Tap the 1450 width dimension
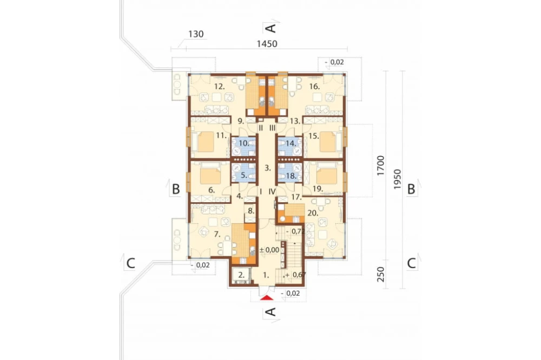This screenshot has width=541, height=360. coord(267,44)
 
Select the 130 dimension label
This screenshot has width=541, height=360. coord(196,34)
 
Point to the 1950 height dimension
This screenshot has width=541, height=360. coord(397,179)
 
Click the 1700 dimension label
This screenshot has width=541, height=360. coord(380,166)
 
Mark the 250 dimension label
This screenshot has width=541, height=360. coord(380,275)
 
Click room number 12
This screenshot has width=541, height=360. coord(220,86)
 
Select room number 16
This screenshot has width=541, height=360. coord(315,86)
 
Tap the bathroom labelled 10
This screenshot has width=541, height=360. coord(244,143)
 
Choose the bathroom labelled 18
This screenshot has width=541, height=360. coord(291,176)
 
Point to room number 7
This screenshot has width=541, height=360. coord(217,235)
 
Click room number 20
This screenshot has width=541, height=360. coord(313,213)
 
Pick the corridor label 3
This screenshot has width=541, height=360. coord(268,168)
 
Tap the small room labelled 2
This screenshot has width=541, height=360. coord(241,275)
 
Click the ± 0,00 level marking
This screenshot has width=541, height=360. coord(269,250)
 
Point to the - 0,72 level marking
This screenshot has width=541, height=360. coord(296,231)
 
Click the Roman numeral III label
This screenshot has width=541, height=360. coord(273,128)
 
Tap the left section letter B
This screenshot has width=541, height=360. coord(176,189)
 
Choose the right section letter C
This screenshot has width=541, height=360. coord(411,263)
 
